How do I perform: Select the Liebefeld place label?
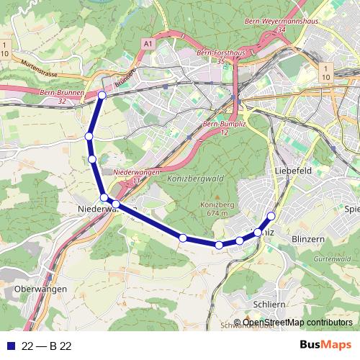(292, 170)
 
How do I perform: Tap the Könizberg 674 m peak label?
(214, 209)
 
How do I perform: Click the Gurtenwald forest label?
(331, 258)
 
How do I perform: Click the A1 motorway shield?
(148, 45)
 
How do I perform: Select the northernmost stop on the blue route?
(102, 95)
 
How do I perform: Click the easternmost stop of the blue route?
(271, 216)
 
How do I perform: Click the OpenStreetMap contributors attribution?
(296, 323)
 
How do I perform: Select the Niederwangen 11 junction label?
(138, 176)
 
